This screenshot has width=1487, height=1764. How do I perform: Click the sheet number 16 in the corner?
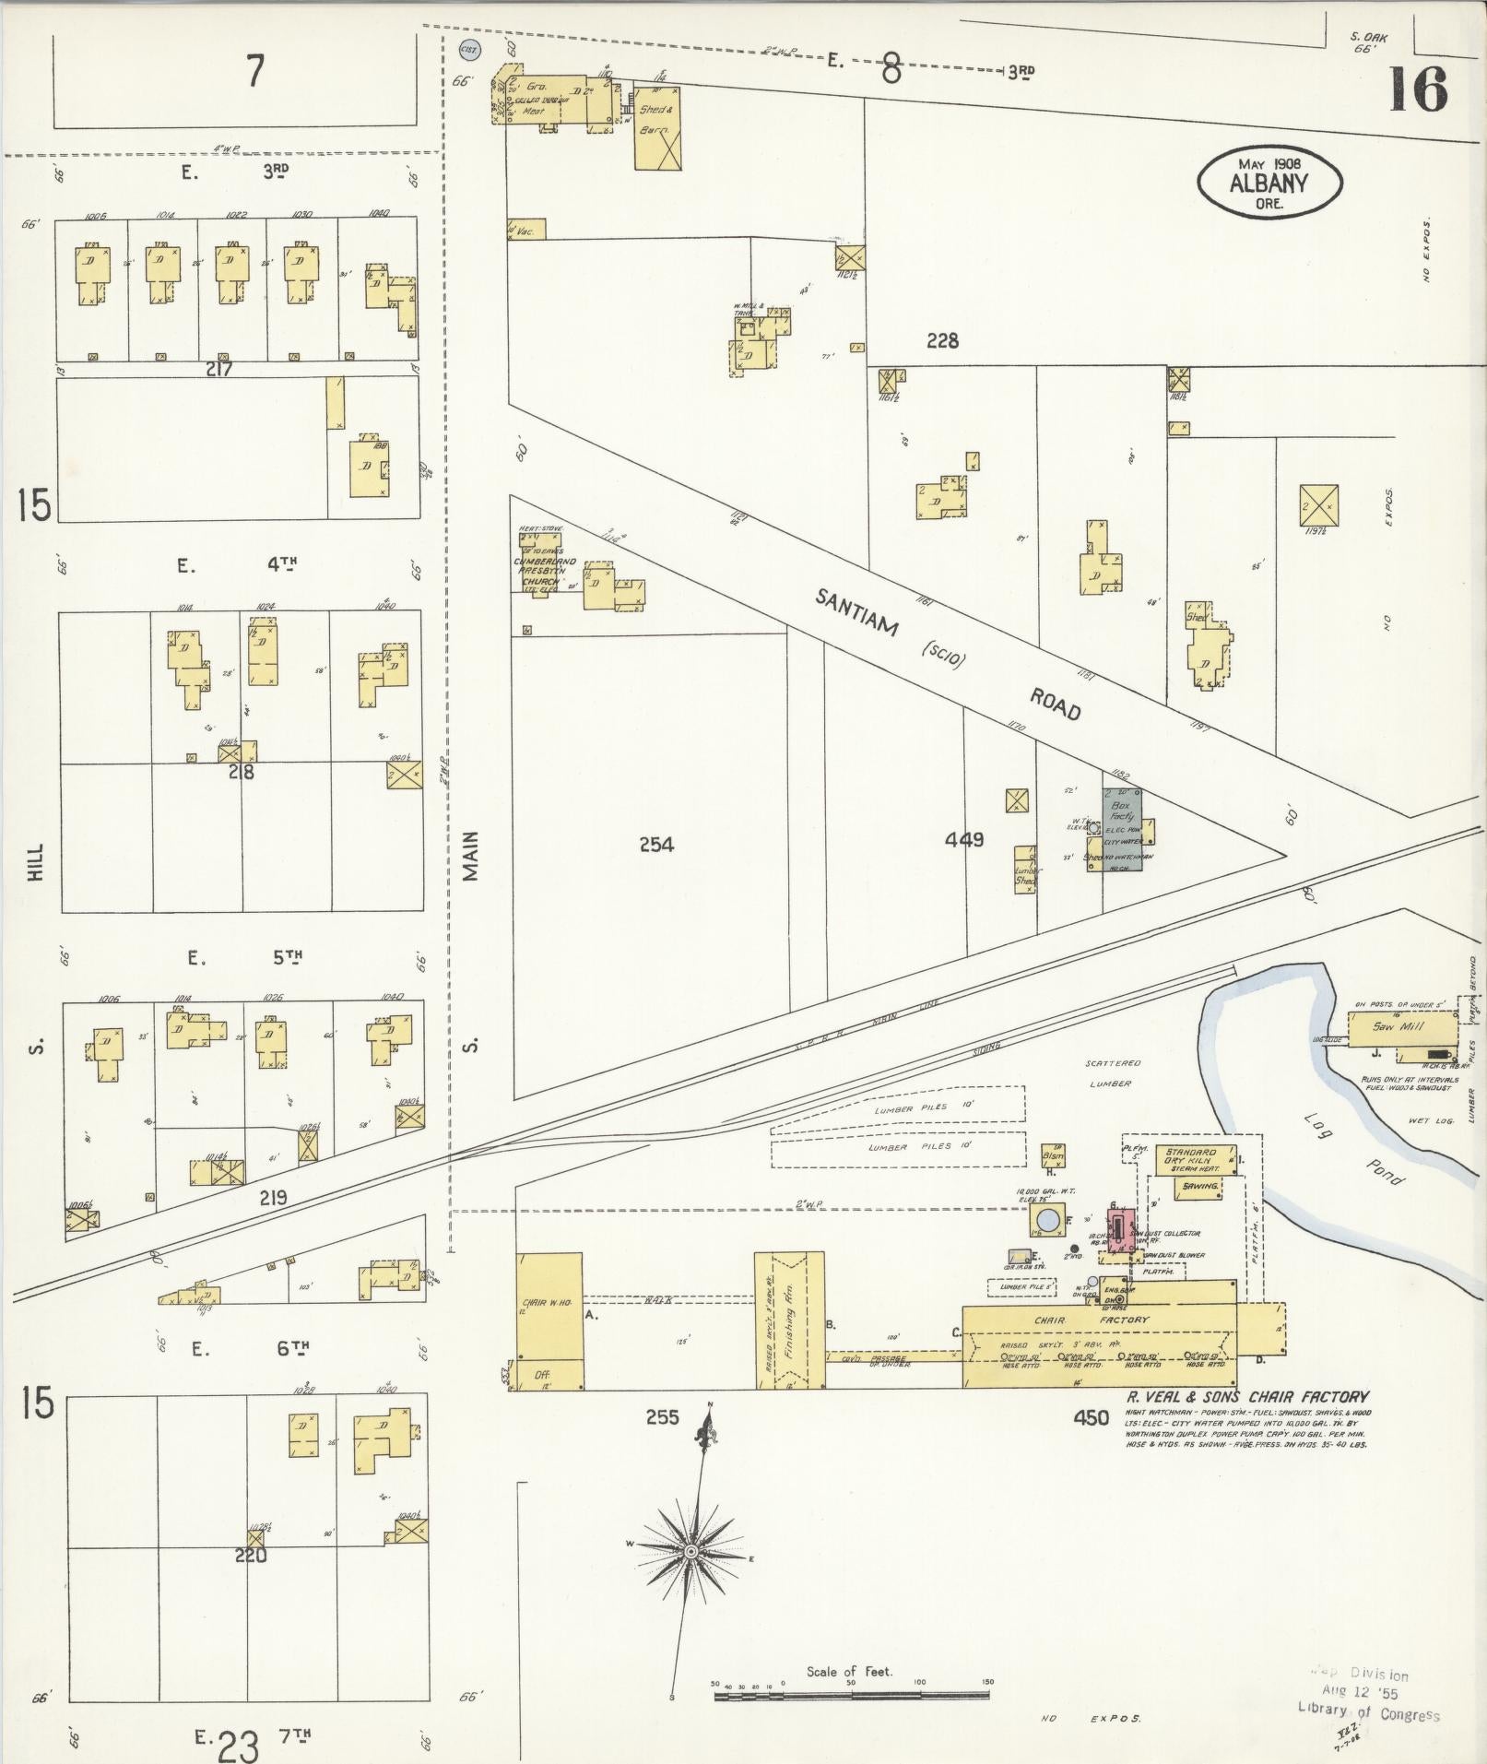1417,90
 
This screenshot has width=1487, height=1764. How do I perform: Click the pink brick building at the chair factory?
1119,1231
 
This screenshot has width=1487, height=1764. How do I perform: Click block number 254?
655,844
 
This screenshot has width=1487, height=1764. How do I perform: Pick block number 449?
963,839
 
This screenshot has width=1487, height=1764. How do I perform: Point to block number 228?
941,341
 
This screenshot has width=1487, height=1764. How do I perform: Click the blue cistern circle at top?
466,51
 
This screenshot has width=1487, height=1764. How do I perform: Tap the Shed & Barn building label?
656,120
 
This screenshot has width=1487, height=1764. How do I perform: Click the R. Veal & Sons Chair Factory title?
1246,1396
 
